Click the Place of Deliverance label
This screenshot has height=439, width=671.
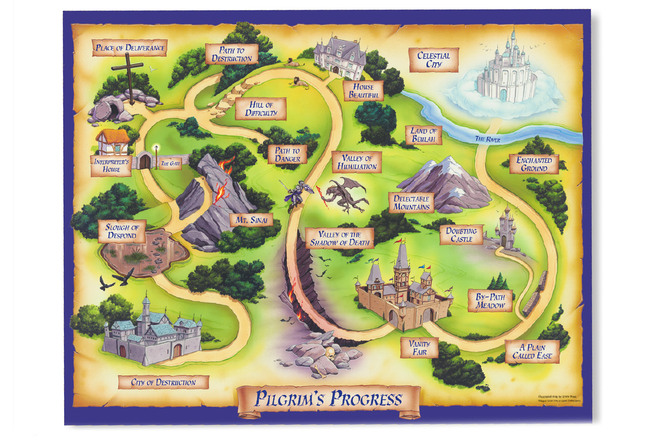point(130,48)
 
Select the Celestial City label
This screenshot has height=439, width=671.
point(433,60)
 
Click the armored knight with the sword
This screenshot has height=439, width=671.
point(298,192)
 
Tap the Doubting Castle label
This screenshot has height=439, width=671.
point(461,235)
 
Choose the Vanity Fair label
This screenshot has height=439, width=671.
point(419,348)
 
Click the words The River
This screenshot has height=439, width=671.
point(487,139)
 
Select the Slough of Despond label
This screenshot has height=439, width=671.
point(122,231)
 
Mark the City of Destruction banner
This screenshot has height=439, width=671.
point(163,382)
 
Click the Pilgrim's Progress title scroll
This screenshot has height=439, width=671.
point(329,399)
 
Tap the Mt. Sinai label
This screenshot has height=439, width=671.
point(251,220)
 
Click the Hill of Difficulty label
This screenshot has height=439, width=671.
point(261,109)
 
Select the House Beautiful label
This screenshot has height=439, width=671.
point(363,91)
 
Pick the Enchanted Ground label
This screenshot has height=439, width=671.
point(534,164)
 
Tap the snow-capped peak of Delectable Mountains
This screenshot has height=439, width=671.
point(450,162)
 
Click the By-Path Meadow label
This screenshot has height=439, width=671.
point(490,301)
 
